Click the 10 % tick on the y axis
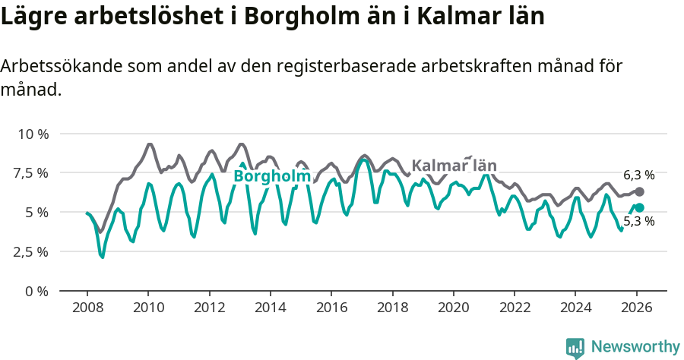(32, 134)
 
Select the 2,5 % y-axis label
(30, 251)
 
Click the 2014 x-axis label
(270, 308)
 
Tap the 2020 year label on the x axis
(453, 308)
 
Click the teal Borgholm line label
(271, 176)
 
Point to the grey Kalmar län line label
(454, 165)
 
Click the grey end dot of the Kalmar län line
(639, 192)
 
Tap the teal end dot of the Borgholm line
(639, 207)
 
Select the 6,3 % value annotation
(638, 175)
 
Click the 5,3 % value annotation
(638, 222)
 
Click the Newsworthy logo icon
(575, 348)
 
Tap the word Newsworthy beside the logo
(635, 347)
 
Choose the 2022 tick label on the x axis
(514, 308)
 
